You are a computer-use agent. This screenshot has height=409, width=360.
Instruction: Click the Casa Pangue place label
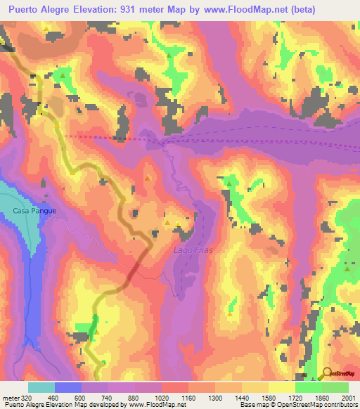point(33,210)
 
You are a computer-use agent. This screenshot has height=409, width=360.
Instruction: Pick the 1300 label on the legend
point(215,397)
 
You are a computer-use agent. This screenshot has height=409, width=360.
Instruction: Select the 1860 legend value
point(321,397)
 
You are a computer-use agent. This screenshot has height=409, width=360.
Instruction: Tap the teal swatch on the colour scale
point(41,387)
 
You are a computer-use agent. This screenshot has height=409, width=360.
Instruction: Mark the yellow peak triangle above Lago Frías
point(168,223)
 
